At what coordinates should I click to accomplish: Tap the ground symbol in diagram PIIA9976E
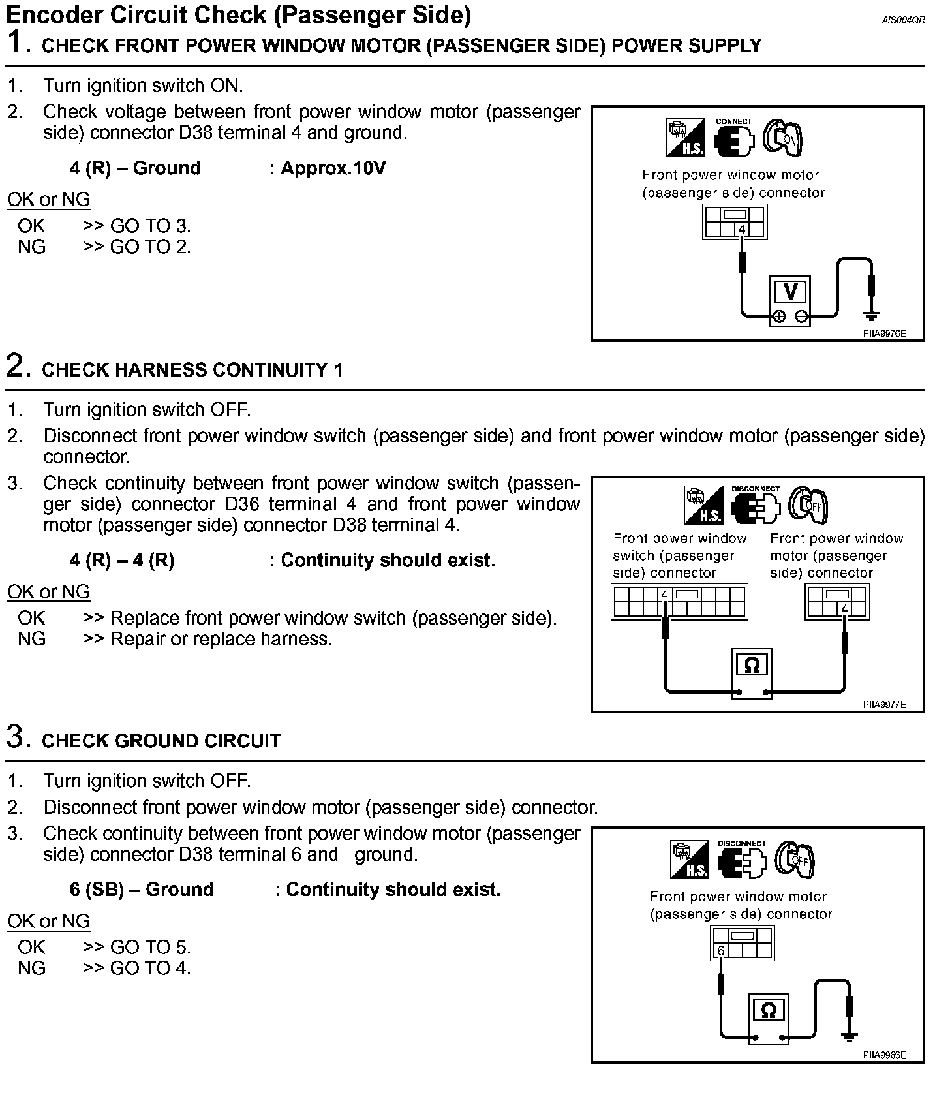pos(870,316)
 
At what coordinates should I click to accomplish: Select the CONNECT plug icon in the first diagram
pos(733,138)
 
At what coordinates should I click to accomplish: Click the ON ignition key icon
pos(782,138)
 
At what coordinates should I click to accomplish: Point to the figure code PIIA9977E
pos(884,705)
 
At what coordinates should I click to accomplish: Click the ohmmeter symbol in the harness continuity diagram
pos(752,665)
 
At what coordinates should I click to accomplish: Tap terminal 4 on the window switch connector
pos(664,595)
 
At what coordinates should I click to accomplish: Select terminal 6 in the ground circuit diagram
pos(720,951)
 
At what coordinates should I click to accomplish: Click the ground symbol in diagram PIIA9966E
pos(848,1036)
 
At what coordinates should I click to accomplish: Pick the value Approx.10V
pos(333,168)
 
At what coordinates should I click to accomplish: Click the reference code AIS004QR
pos(903,20)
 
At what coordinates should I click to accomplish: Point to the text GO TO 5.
pos(150,947)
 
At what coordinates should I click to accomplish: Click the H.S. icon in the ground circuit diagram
pos(690,860)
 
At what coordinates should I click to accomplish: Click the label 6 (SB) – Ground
pos(142,890)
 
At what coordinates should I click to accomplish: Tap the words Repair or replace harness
pos(221,639)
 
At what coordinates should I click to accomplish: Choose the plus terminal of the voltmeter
pos(778,317)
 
